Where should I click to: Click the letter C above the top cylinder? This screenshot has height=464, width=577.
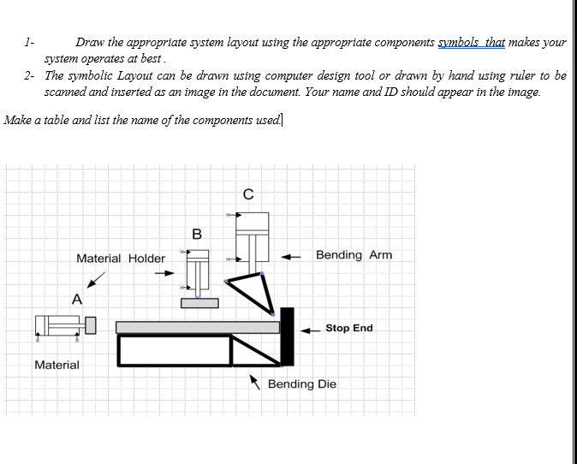click(247, 194)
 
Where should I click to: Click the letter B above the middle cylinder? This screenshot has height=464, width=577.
click(197, 233)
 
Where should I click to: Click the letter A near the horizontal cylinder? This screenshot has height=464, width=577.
click(77, 299)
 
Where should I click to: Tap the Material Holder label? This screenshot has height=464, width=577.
click(121, 258)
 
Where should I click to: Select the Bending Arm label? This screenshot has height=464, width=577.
click(354, 254)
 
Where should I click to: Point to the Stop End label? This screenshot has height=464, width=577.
click(348, 328)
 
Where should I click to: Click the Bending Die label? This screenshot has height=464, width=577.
click(301, 384)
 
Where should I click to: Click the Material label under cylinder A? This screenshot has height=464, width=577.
click(57, 365)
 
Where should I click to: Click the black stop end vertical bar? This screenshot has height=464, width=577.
click(287, 336)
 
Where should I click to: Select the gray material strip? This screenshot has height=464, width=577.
click(197, 327)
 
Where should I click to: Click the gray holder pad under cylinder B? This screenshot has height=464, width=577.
click(199, 302)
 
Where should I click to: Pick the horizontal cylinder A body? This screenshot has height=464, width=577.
click(60, 325)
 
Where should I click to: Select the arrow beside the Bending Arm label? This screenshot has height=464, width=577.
click(292, 255)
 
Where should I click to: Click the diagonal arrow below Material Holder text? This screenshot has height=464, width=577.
click(98, 279)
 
